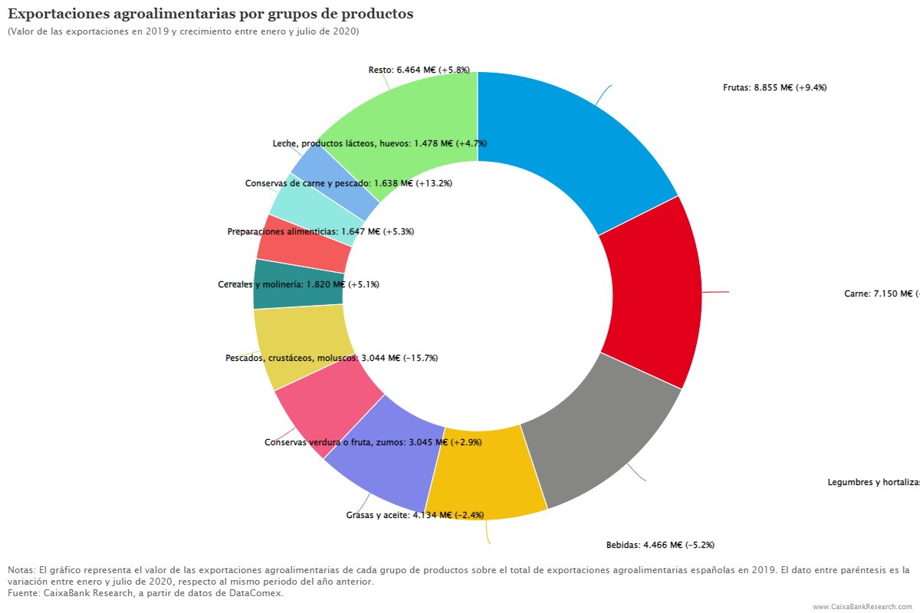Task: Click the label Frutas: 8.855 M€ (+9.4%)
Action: point(774,87)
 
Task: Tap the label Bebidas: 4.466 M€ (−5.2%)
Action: point(660,546)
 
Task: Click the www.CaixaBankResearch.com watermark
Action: point(862,606)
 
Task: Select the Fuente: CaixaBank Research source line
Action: point(146,593)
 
